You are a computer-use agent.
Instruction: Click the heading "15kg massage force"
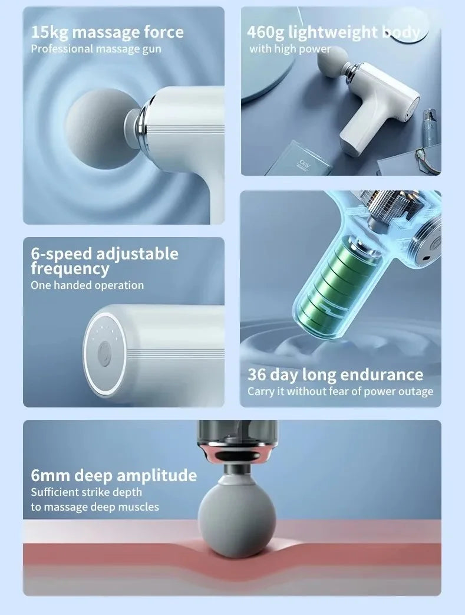(107, 32)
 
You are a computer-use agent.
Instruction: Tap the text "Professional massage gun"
(96, 49)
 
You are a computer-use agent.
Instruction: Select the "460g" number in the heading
(265, 32)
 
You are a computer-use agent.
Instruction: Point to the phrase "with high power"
(290, 49)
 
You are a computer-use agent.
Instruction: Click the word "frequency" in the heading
(70, 269)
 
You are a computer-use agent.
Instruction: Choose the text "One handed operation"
(87, 285)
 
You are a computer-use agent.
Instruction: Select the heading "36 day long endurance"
(335, 374)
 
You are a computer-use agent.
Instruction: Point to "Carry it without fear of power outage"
(340, 392)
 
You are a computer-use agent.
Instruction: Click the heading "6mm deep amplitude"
(114, 475)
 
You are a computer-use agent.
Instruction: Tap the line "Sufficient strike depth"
(86, 492)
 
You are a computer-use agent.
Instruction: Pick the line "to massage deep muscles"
(95, 507)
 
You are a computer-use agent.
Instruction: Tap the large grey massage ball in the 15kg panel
(101, 129)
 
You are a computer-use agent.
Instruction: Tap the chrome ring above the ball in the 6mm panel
(237, 452)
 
